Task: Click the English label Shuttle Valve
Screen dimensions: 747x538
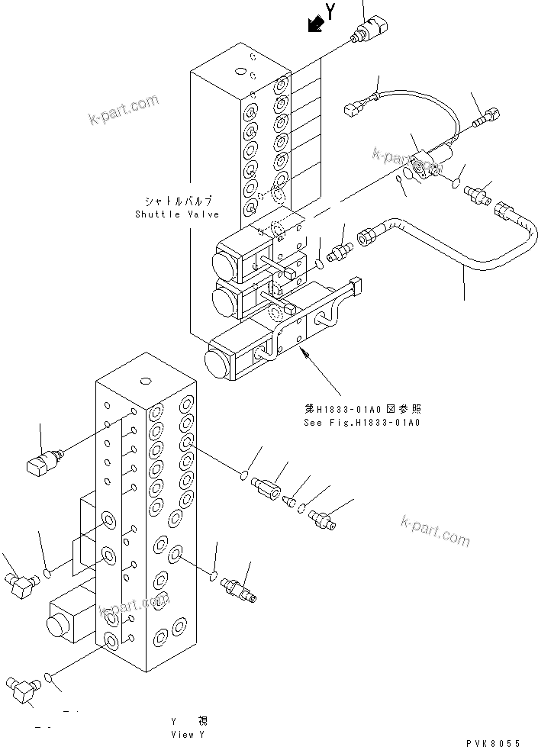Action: (177, 214)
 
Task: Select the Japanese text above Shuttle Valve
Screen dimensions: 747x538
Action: (177, 202)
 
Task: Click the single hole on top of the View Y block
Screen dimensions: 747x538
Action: (143, 379)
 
